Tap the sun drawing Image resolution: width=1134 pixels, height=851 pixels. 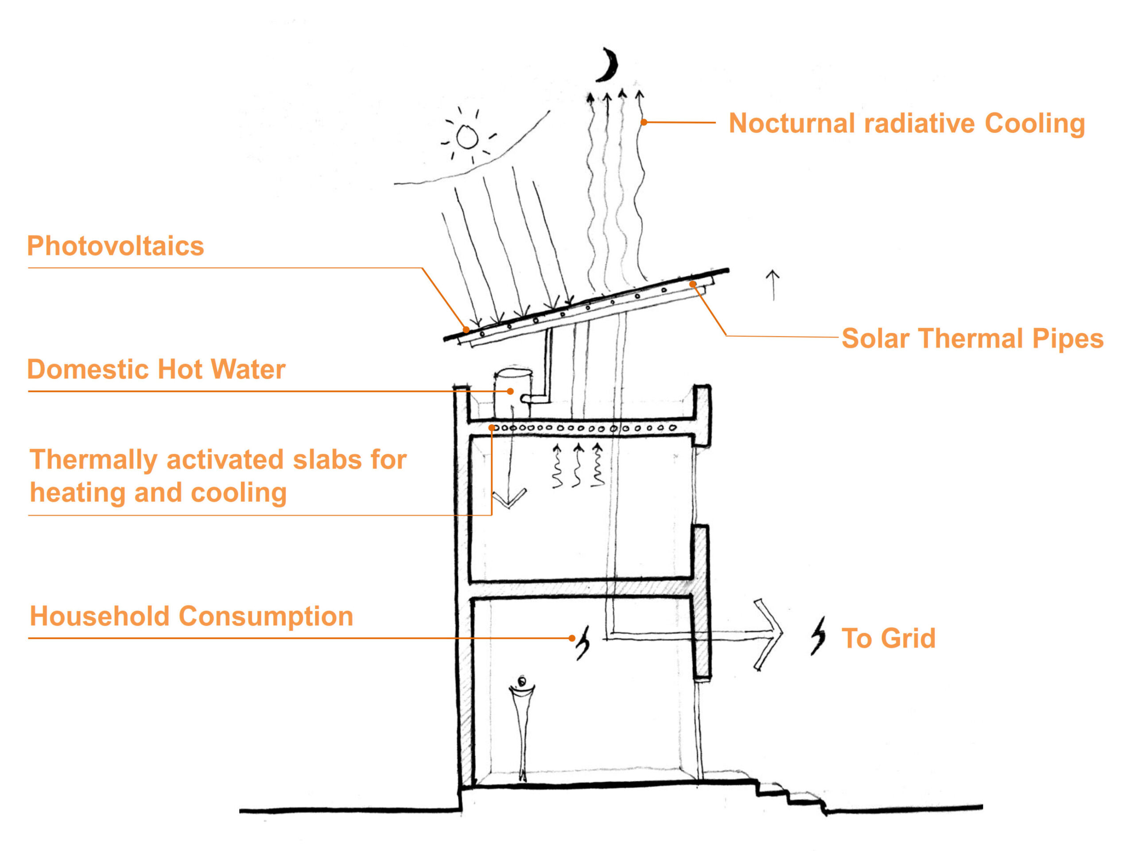click(x=467, y=137)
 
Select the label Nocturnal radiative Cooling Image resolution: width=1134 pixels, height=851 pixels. click(x=906, y=124)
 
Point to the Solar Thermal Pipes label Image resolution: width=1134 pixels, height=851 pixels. click(x=972, y=339)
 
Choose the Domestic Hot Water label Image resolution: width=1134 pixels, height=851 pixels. click(x=156, y=369)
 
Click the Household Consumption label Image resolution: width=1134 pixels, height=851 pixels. click(x=191, y=616)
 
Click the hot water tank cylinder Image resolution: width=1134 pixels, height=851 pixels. click(x=512, y=392)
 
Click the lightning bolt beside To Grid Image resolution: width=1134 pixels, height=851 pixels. click(x=818, y=636)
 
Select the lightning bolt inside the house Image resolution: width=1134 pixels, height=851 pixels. click(x=583, y=642)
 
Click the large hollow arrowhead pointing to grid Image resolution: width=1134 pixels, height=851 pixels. click(x=769, y=635)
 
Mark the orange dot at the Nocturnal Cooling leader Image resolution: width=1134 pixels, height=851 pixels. click(x=644, y=122)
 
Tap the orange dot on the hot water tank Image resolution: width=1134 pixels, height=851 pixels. click(x=510, y=391)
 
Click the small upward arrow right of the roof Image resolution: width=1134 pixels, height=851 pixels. click(x=773, y=285)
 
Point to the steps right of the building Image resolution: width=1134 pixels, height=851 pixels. click(x=789, y=795)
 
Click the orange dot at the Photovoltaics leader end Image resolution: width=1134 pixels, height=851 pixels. click(x=466, y=330)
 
